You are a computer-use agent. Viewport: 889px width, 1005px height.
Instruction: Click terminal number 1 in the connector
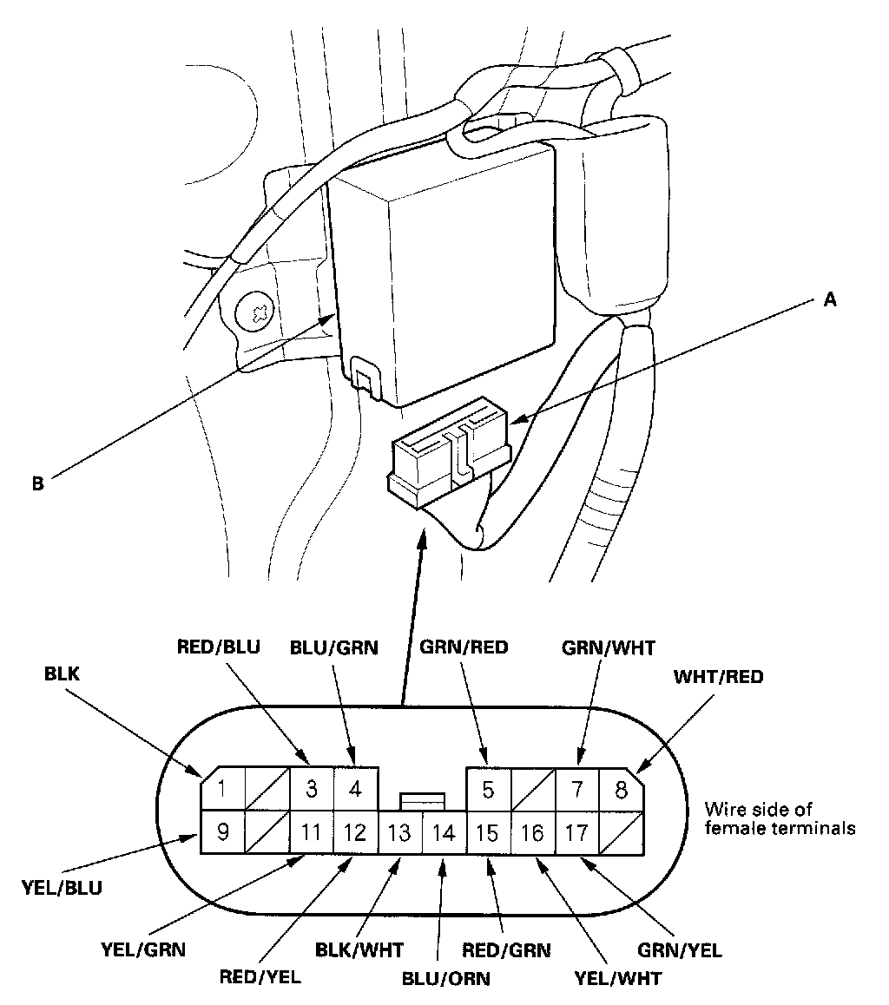coord(222,789)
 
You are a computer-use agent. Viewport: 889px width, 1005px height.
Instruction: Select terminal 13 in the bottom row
coord(400,832)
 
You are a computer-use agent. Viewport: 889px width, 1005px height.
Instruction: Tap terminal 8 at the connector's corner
coord(621,790)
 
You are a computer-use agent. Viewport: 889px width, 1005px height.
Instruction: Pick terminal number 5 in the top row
coord(489,790)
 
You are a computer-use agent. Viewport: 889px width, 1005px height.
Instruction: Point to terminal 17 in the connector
coord(576,832)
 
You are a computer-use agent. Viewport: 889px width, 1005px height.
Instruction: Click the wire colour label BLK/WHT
coord(359,949)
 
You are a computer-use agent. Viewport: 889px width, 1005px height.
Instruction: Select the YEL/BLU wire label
coord(63,888)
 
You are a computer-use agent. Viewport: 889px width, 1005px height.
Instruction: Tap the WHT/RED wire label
coord(719,677)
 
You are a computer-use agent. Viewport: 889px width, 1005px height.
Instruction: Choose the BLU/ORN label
coord(446,979)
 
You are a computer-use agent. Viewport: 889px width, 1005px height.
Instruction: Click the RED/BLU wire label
coord(219,647)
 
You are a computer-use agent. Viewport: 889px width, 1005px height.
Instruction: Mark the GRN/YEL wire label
coord(680,949)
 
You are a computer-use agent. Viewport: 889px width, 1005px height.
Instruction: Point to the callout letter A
coord(830,299)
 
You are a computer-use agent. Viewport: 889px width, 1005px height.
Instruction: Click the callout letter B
coord(38,483)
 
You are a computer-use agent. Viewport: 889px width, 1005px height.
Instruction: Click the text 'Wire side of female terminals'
coord(780,818)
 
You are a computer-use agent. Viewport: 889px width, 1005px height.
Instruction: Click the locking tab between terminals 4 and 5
coord(423,801)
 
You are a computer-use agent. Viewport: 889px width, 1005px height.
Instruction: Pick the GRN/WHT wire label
coord(609,648)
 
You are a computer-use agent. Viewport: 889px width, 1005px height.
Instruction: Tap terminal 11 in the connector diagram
coord(312,832)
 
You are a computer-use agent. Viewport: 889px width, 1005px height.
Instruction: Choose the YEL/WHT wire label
coord(618,979)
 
